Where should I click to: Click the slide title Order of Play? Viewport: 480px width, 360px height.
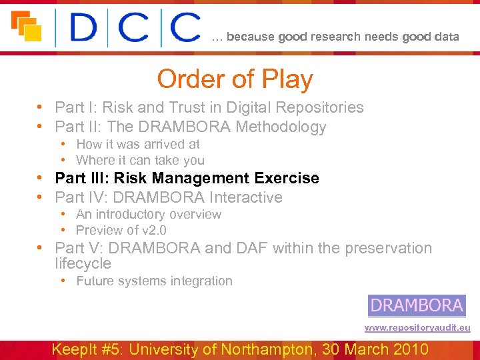point(235,79)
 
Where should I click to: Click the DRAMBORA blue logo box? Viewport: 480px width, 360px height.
point(417,305)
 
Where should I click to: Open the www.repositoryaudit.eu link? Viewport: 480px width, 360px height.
point(417,328)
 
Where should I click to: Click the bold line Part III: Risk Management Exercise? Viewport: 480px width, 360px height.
point(187,178)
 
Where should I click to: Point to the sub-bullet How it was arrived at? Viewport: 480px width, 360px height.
point(138,144)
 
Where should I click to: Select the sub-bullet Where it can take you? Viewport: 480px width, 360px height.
point(140,160)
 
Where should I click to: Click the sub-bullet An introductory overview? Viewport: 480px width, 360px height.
point(149,214)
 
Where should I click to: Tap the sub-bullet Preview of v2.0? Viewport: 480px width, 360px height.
point(121,230)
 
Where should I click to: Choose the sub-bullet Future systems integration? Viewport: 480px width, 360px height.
point(154,281)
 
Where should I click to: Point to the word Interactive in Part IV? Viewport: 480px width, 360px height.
point(246,197)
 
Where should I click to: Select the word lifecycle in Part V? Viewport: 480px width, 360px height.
point(83,263)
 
